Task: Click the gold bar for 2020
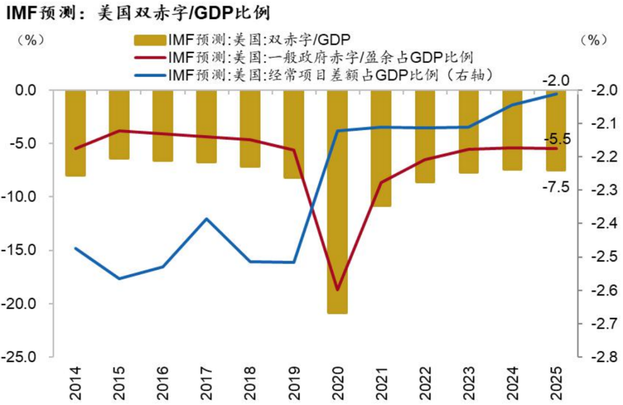coord(337,202)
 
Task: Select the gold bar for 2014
coord(76,133)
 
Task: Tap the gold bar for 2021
coord(381,148)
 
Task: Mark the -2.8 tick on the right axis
coord(602,357)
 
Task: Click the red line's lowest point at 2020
coord(337,290)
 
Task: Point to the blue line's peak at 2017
coord(207,218)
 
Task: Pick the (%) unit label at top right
coord(594,40)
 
